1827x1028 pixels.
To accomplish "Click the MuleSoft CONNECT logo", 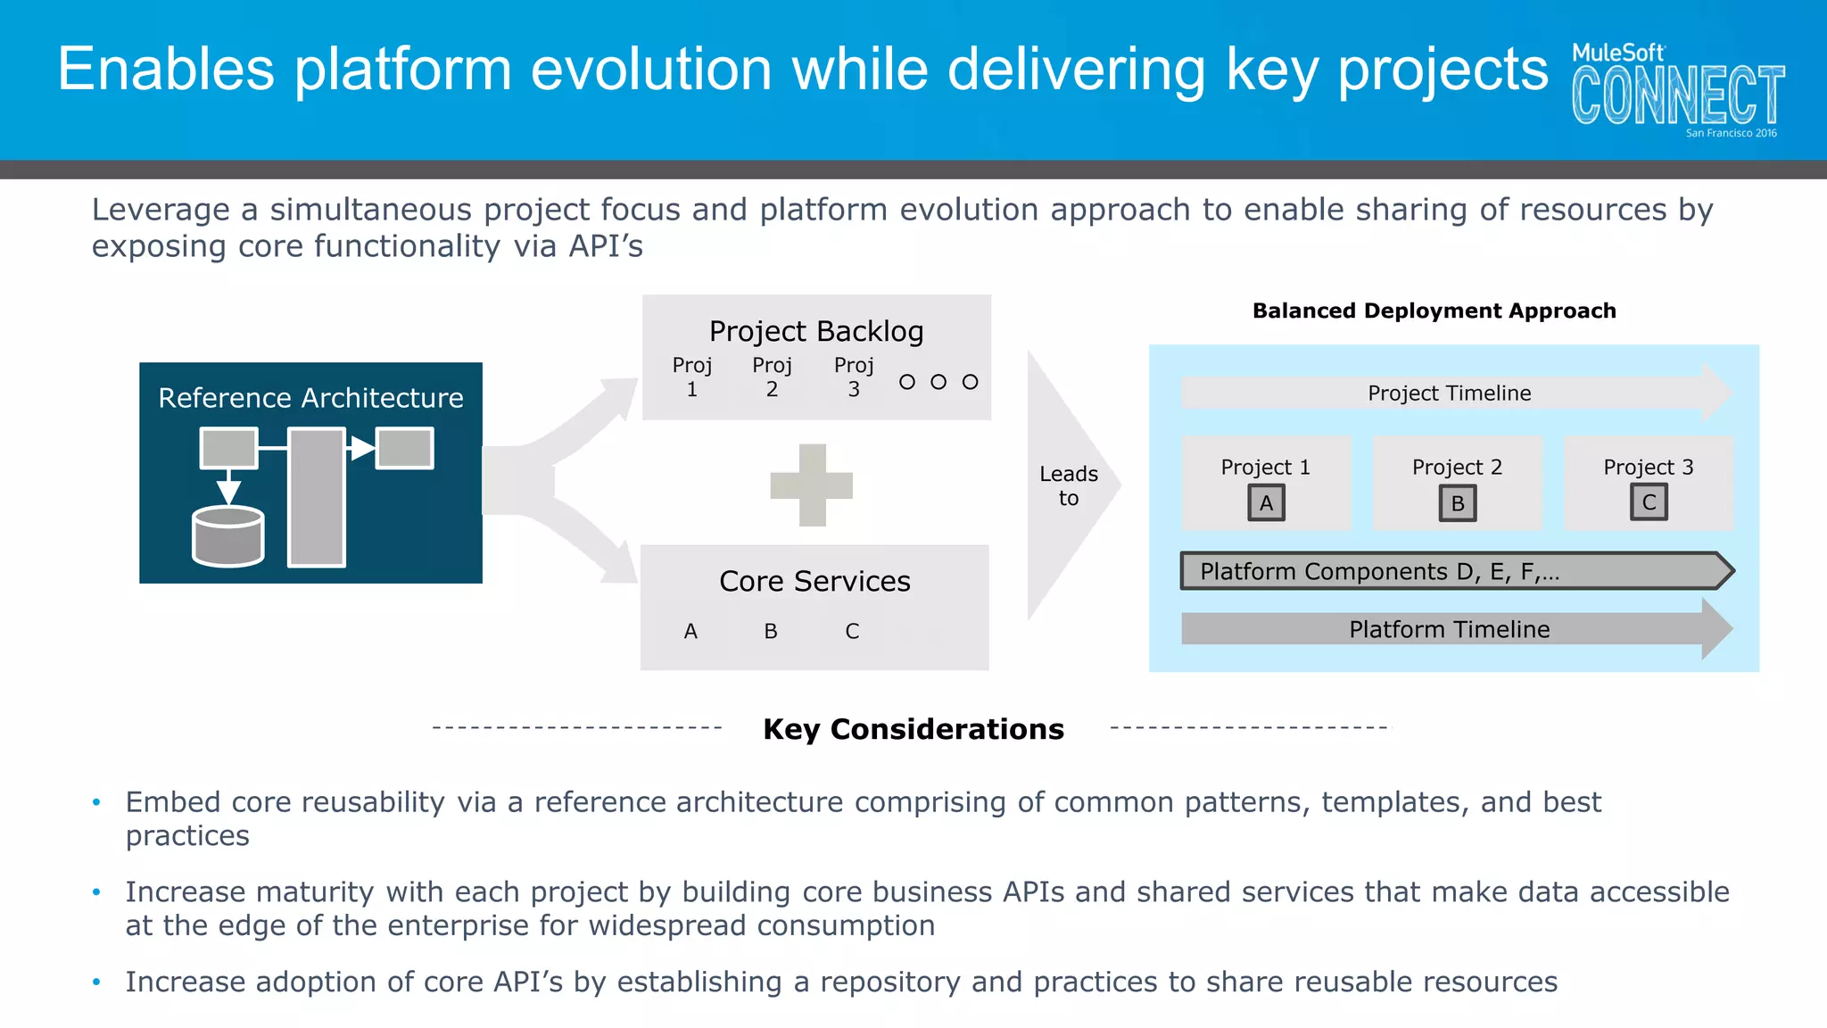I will click(1677, 89).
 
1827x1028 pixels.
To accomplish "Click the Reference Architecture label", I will click(310, 397).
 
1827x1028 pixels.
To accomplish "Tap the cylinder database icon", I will click(228, 536).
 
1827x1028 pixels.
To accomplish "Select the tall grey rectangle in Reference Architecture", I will click(316, 497).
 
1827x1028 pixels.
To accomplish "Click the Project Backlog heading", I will click(816, 331).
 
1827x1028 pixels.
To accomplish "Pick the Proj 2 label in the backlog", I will click(772, 377).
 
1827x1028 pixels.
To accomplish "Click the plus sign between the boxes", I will click(812, 485).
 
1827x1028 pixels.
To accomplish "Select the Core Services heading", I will click(814, 581).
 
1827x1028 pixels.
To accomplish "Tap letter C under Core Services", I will click(852, 631).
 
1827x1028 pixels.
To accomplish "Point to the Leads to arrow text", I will click(1068, 485).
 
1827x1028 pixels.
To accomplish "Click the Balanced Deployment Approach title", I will click(1434, 311).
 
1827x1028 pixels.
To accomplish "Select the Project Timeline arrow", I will click(1450, 393).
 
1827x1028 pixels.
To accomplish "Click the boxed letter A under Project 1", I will click(1266, 503).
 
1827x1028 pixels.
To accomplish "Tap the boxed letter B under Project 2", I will click(1458, 503).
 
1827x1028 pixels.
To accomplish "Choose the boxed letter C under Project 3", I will click(1649, 502).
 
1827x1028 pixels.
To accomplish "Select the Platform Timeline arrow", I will click(1450, 629).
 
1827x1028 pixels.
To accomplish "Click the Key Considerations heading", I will click(913, 729).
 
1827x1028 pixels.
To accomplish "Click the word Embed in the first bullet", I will click(172, 802).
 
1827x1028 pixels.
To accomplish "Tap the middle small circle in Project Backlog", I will click(938, 382).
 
